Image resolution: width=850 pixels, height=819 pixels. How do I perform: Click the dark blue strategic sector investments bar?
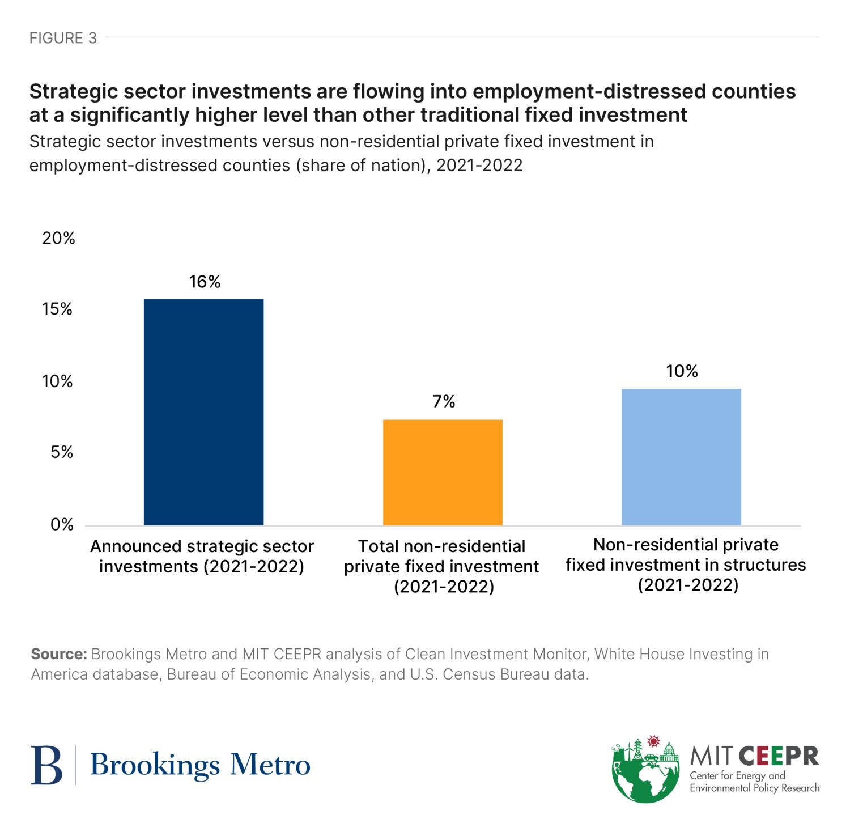click(x=203, y=412)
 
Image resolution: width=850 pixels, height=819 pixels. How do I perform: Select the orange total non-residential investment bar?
click(x=443, y=472)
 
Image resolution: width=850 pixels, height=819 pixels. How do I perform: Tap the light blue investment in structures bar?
click(x=681, y=457)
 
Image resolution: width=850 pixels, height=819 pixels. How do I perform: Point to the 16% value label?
click(x=205, y=282)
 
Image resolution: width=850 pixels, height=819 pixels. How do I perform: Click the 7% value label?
click(x=444, y=402)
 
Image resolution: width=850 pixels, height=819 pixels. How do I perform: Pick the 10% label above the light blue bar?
click(x=682, y=371)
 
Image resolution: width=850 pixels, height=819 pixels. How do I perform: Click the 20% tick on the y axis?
click(x=58, y=238)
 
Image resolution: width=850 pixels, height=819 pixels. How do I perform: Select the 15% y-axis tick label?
click(x=58, y=309)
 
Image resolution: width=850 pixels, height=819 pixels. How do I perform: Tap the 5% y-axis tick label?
click(x=61, y=452)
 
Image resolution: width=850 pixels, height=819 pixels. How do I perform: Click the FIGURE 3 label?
click(x=63, y=38)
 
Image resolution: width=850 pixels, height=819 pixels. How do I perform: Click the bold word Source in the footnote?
click(x=58, y=654)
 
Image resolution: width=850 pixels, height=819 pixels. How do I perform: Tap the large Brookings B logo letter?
click(x=46, y=765)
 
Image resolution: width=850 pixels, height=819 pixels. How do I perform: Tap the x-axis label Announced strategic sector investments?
click(x=202, y=556)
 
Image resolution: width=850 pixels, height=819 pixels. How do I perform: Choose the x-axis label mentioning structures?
click(x=686, y=565)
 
